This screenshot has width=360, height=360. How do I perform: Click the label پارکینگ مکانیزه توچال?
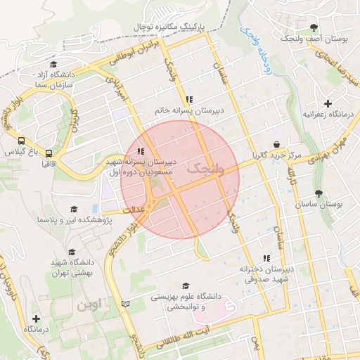pos(172,26)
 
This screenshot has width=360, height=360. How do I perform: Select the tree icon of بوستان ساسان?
pos(319,193)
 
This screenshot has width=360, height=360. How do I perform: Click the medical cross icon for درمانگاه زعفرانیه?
pos(328,103)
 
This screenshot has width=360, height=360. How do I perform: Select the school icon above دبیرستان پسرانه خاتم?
pos(188,100)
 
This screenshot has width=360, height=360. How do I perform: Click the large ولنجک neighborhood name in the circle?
pos(205,169)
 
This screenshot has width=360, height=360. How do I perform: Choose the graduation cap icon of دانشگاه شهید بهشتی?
pos(72,252)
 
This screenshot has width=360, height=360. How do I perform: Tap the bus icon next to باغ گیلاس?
pos(21,140)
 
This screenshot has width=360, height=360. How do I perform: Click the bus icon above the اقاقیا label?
pos(49,153)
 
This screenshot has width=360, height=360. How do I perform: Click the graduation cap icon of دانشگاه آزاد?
pos(53,65)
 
